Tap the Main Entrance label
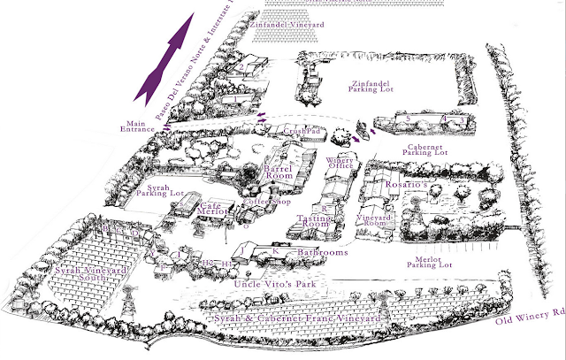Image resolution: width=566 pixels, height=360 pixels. [x=140, y=128]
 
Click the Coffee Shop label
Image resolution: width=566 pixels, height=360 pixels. [x=261, y=201]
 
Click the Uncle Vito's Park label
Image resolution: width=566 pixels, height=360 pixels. [x=275, y=285]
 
